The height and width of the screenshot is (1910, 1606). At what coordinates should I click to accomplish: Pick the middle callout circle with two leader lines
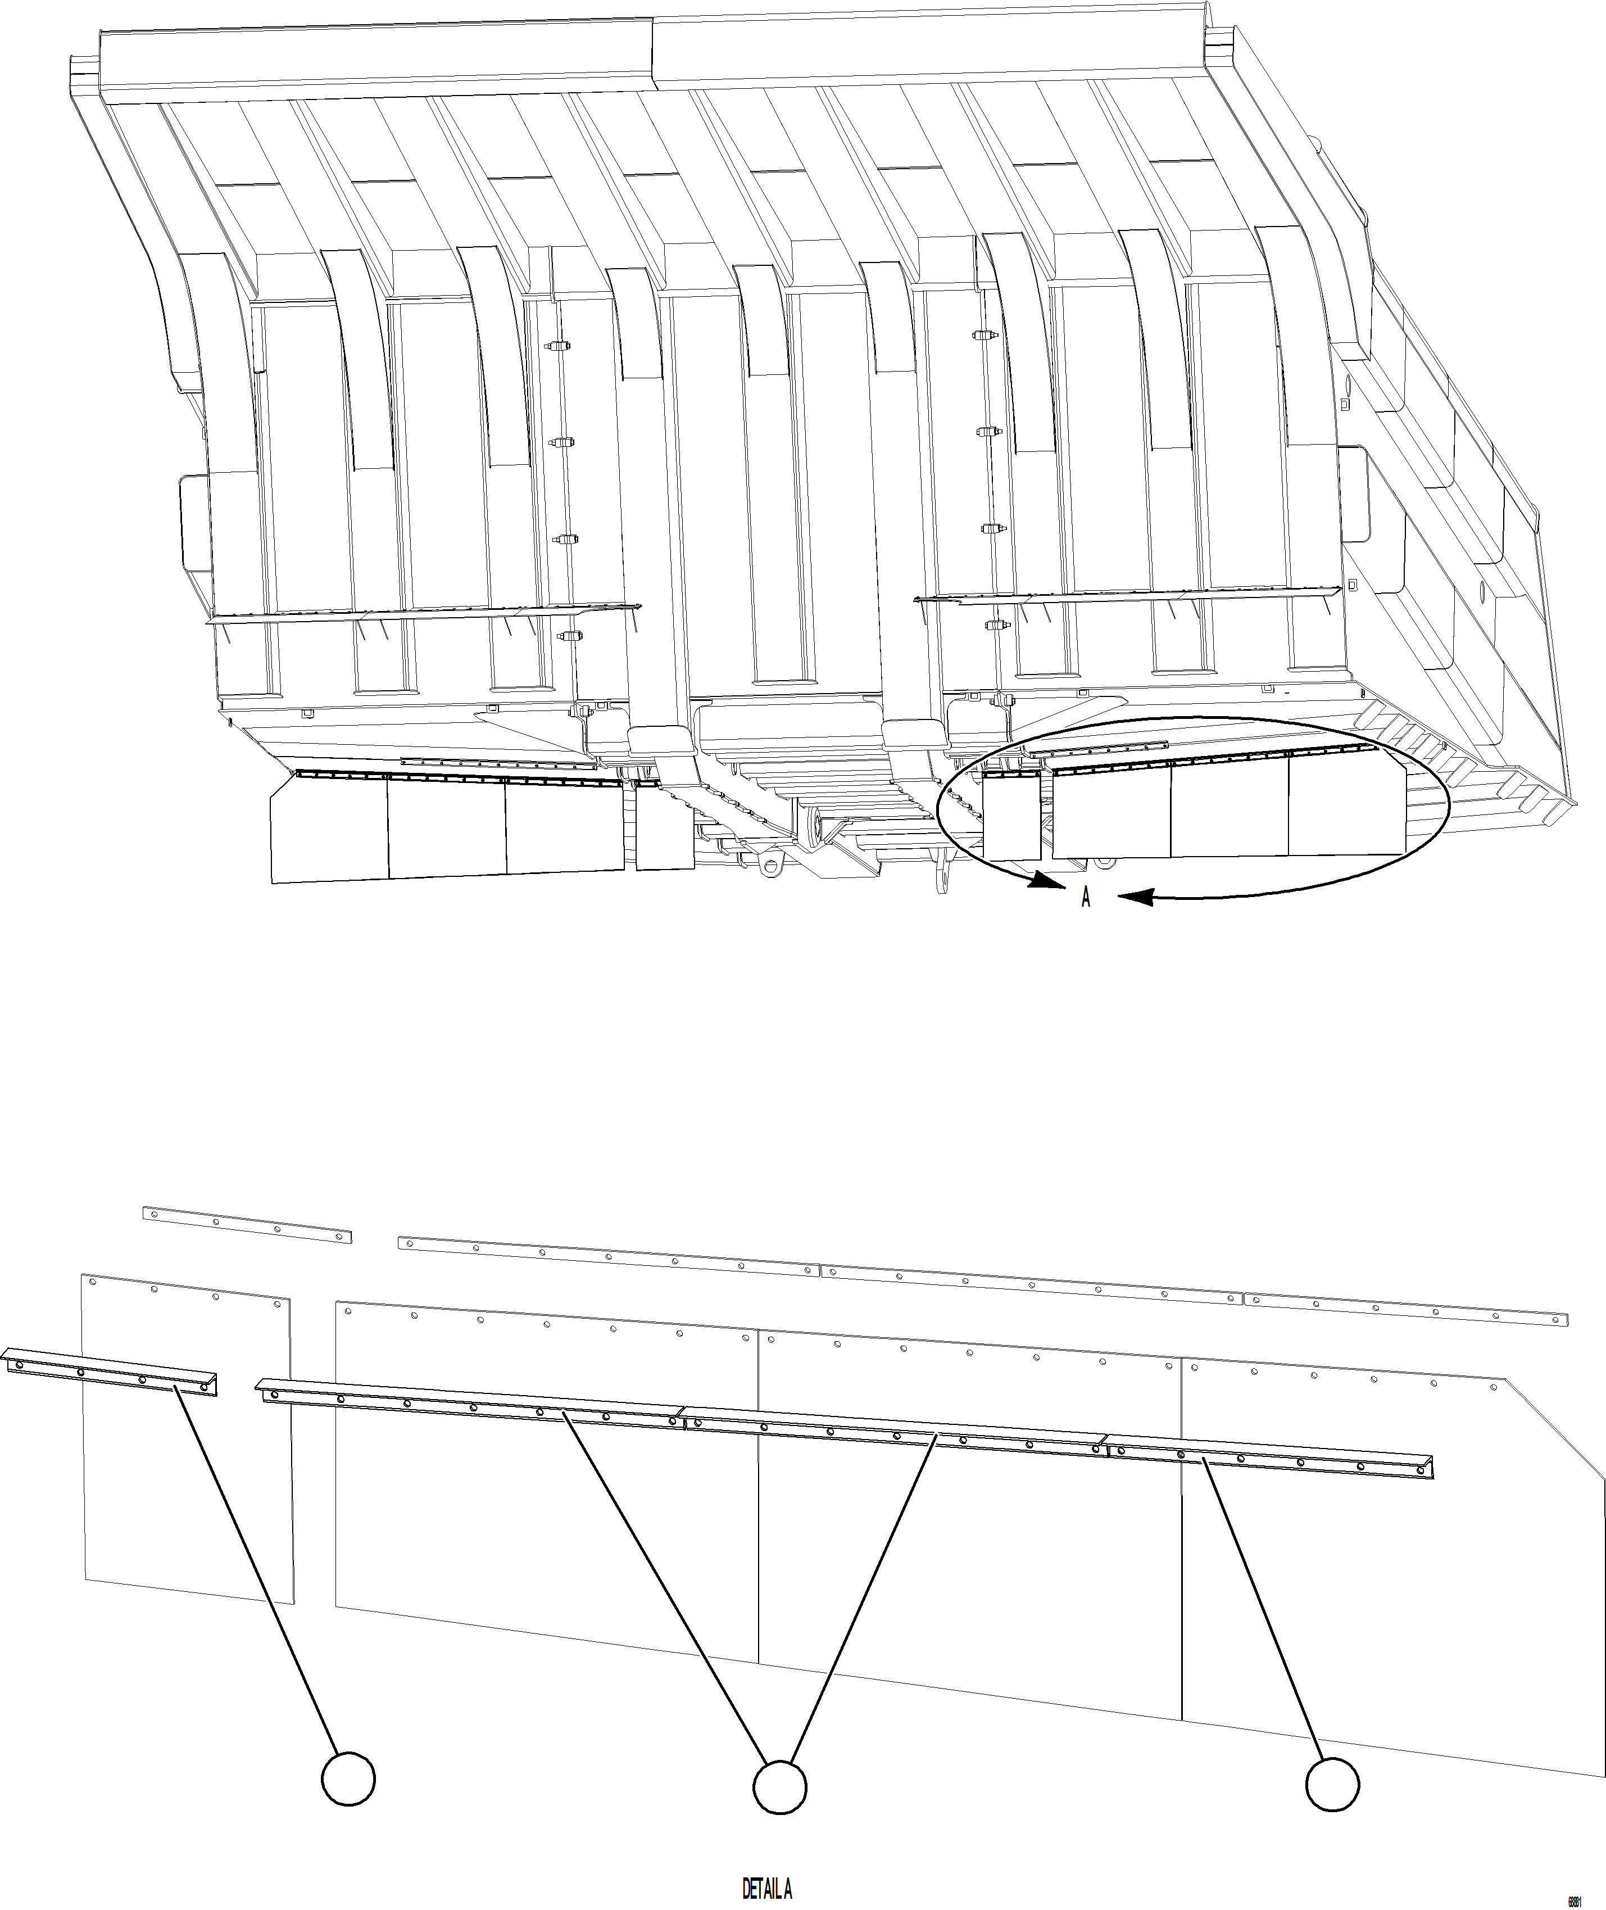779,1786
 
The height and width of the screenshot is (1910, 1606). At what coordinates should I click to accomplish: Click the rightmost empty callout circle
1333,1784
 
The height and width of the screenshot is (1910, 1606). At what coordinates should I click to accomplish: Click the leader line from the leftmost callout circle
260,1567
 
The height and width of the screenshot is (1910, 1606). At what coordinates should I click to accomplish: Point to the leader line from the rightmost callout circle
1265,1612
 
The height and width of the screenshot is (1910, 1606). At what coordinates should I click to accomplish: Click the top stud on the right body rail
981,335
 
